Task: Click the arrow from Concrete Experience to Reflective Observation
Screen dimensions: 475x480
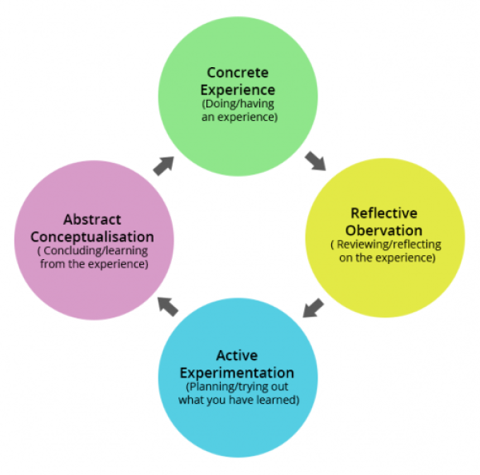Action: [315, 160]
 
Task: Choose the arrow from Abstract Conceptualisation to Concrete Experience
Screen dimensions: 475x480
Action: [163, 166]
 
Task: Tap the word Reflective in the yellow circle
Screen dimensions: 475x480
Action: [384, 214]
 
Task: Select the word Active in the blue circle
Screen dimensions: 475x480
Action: [237, 355]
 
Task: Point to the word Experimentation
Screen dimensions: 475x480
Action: [237, 373]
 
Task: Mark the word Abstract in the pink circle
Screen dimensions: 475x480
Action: [94, 218]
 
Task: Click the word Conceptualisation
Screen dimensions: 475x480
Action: [94, 237]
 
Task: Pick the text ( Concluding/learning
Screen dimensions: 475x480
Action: [94, 251]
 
